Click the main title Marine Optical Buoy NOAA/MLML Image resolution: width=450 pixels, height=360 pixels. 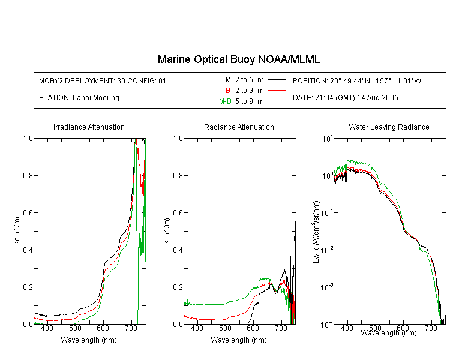pos(238,59)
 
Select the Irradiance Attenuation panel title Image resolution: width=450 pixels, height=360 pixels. pos(89,127)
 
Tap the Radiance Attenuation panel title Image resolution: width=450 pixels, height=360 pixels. pos(239,127)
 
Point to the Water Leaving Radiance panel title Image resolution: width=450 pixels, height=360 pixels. pos(389,127)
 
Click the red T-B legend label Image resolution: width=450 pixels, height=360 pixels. pos(224,91)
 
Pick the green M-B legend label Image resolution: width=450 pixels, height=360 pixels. pos(225,101)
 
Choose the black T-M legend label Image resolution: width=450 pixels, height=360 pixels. pos(225,80)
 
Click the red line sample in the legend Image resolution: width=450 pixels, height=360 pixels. pos(277,91)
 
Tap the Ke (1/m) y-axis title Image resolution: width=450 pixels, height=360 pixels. pos(17,231)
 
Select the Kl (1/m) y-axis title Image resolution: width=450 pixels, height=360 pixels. pos(167,231)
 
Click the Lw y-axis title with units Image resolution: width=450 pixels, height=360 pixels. pos(316,232)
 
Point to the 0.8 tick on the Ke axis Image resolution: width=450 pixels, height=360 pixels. pos(28,175)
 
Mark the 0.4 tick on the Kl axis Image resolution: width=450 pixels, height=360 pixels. pos(178,250)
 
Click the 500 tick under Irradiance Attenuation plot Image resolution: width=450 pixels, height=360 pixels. pos(75,328)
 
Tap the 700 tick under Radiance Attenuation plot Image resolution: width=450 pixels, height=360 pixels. pos(281,328)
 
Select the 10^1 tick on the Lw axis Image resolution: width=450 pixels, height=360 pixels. pos(328,139)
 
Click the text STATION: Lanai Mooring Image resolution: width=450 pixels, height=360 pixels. pos(79,98)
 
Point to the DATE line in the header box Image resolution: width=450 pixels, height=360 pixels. pos(345,98)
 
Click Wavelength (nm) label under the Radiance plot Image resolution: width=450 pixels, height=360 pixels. pos(239,340)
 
